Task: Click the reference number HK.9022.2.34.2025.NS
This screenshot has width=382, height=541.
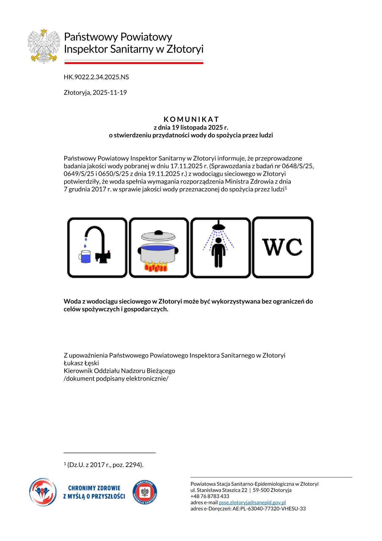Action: (x=96, y=77)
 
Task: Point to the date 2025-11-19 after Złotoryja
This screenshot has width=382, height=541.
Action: (x=110, y=93)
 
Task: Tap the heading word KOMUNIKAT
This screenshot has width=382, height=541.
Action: (x=191, y=119)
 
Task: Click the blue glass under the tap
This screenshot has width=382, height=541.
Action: (x=85, y=256)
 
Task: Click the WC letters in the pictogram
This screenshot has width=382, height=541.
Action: (x=282, y=247)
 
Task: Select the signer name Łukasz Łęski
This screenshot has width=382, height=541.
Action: (x=81, y=363)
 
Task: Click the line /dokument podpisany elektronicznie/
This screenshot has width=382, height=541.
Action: (x=116, y=379)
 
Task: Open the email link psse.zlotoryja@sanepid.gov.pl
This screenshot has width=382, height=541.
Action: (x=252, y=502)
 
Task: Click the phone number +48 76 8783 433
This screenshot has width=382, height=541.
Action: (x=210, y=496)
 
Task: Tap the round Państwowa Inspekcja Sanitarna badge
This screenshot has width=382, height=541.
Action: (x=145, y=493)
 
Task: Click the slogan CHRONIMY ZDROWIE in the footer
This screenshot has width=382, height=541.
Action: (x=94, y=489)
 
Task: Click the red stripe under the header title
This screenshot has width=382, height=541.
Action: (x=134, y=63)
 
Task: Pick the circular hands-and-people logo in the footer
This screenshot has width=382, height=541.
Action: (x=43, y=492)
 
